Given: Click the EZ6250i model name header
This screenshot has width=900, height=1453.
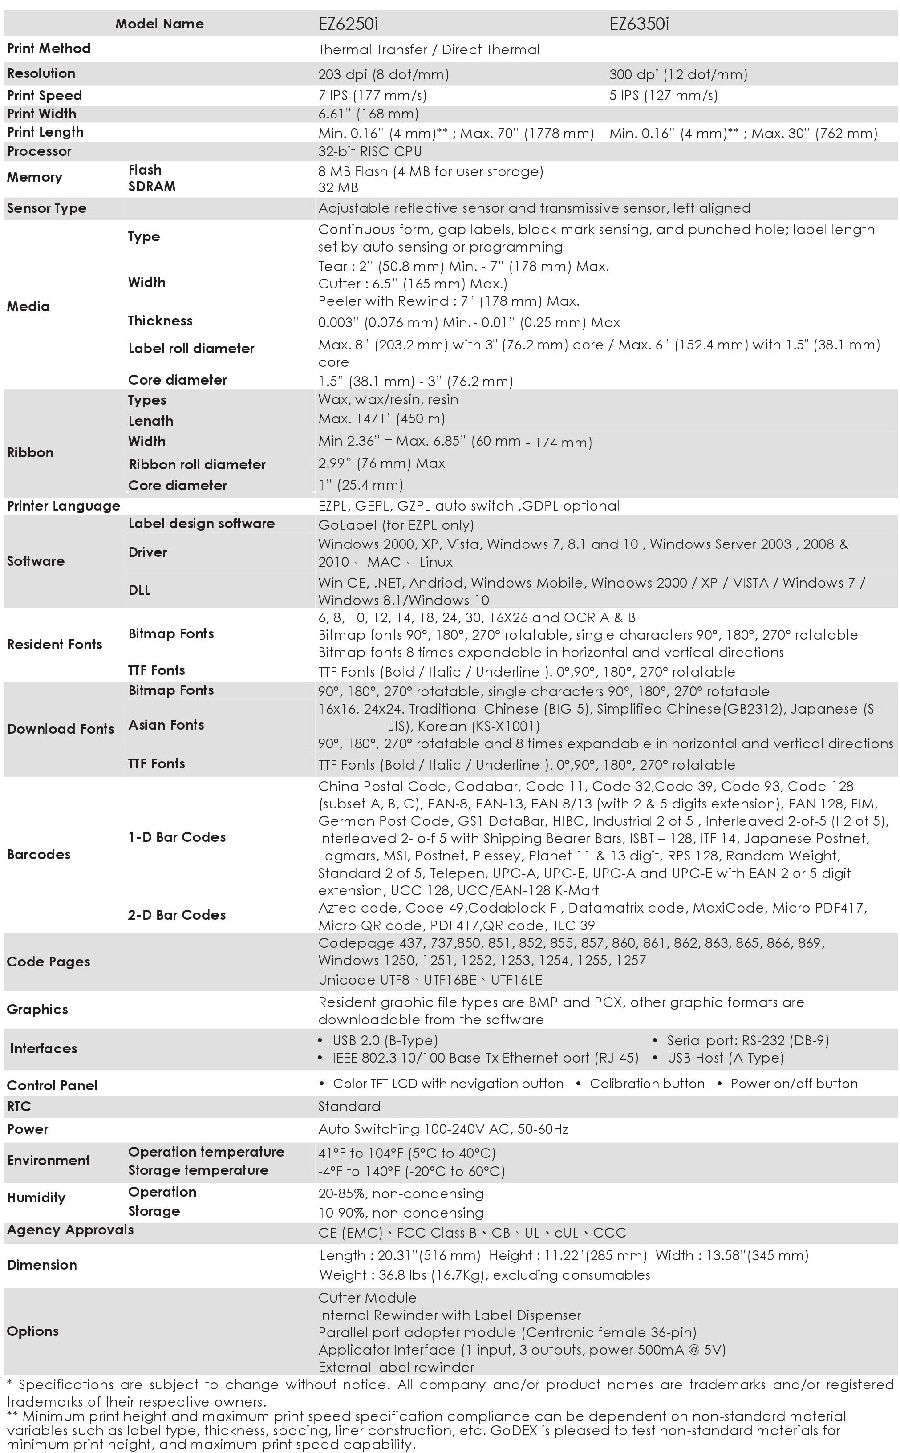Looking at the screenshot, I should pyautogui.click(x=348, y=24).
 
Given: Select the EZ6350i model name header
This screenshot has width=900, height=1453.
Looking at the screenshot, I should pyautogui.click(x=639, y=24).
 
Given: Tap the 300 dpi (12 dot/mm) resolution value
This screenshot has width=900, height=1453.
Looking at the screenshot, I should pyautogui.click(x=678, y=74).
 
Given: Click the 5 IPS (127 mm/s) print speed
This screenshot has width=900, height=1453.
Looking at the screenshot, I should pyautogui.click(x=663, y=95).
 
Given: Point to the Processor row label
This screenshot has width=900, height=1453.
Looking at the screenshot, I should pyautogui.click(x=39, y=151).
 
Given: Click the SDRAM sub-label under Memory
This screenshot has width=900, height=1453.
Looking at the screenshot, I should pyautogui.click(x=152, y=187).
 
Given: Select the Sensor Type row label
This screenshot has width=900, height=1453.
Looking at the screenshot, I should pyautogui.click(x=46, y=208).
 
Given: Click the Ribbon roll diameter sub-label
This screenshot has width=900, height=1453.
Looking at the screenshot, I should pyautogui.click(x=197, y=464).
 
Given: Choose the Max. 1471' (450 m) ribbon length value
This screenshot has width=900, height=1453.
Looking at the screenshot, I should pyautogui.click(x=381, y=418).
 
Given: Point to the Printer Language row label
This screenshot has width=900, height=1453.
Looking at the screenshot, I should pyautogui.click(x=63, y=506).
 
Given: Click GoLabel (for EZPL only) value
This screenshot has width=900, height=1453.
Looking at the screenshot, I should pyautogui.click(x=396, y=525).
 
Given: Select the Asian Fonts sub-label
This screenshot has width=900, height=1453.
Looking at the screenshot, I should pyautogui.click(x=166, y=725).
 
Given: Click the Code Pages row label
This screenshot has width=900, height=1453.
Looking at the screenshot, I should pyautogui.click(x=48, y=962).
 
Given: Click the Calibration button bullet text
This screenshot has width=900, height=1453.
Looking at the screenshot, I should pyautogui.click(x=647, y=1084).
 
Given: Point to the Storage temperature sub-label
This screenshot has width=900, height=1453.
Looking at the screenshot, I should pyautogui.click(x=198, y=1170).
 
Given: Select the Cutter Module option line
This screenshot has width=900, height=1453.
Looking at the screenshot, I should pyautogui.click(x=367, y=1298).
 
